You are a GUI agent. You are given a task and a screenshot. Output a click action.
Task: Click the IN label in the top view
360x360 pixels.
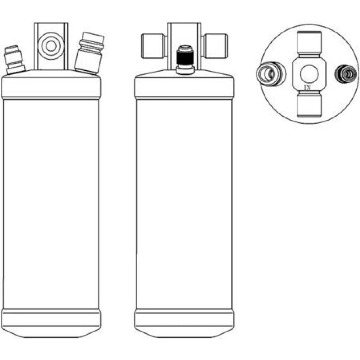307,87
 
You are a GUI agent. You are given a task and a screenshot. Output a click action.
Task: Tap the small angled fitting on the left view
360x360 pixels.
14,59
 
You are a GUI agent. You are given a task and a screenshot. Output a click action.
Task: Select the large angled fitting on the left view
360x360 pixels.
90,53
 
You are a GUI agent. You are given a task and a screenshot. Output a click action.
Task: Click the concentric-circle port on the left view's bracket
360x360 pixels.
51,46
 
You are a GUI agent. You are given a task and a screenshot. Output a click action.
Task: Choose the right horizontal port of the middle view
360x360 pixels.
215,46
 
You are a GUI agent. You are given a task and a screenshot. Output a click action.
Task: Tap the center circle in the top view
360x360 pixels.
309,74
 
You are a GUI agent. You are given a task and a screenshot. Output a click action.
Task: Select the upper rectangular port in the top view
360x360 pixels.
309,44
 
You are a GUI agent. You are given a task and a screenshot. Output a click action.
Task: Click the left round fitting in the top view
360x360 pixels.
271,74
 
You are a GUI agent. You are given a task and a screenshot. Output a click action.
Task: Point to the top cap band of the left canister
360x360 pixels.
51,87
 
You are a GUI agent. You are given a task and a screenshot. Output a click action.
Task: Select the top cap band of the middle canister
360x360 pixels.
184,87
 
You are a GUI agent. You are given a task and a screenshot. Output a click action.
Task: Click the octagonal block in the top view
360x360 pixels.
309,74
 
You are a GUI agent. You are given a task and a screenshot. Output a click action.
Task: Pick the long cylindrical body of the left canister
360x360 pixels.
51,204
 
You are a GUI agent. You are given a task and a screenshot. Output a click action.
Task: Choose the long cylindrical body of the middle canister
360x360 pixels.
184,204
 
